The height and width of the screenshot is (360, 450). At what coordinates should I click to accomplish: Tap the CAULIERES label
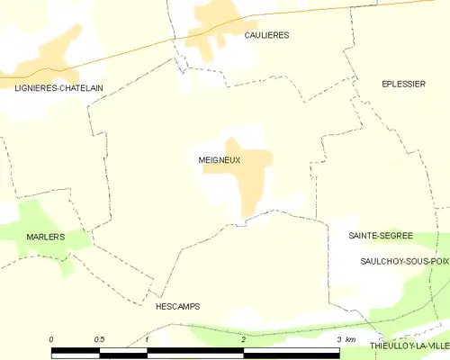click(x=267, y=34)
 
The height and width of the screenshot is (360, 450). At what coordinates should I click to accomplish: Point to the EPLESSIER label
click(x=402, y=84)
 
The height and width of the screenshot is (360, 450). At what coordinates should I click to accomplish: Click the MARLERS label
click(x=46, y=237)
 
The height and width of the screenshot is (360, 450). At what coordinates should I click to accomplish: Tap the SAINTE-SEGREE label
click(x=381, y=235)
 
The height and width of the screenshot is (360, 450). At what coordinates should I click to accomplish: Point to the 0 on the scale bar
click(x=51, y=339)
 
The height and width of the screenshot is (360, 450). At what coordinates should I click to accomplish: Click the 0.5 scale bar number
click(x=100, y=339)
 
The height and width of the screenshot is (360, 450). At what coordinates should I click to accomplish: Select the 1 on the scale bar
click(x=147, y=339)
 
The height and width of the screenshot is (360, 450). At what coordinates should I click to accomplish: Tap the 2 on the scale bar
click(x=243, y=339)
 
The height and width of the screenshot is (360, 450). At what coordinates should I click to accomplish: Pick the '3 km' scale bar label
click(x=346, y=339)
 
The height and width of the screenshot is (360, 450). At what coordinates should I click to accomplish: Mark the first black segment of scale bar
click(x=76, y=350)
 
